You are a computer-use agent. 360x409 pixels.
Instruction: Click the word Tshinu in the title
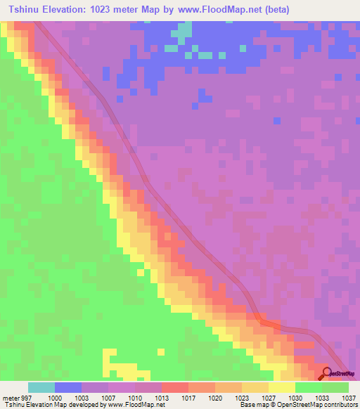26,11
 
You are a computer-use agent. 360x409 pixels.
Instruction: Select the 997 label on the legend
26,397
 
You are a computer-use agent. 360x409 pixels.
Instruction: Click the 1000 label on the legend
54,397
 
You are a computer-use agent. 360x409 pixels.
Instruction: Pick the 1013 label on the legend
161,397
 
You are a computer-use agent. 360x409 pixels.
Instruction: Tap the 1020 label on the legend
215,397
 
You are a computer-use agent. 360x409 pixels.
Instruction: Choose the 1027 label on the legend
268,397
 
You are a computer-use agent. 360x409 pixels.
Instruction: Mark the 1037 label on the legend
349,397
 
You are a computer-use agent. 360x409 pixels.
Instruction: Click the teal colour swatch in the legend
41,387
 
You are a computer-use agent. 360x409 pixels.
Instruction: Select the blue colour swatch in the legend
68,387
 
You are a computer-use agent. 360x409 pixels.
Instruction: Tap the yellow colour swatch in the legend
282,387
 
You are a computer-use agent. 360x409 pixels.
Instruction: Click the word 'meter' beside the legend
10,397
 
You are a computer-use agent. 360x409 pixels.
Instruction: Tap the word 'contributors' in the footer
341,405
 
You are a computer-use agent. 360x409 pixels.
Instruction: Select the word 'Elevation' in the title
67,11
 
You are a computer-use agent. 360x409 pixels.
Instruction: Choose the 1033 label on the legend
322,397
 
